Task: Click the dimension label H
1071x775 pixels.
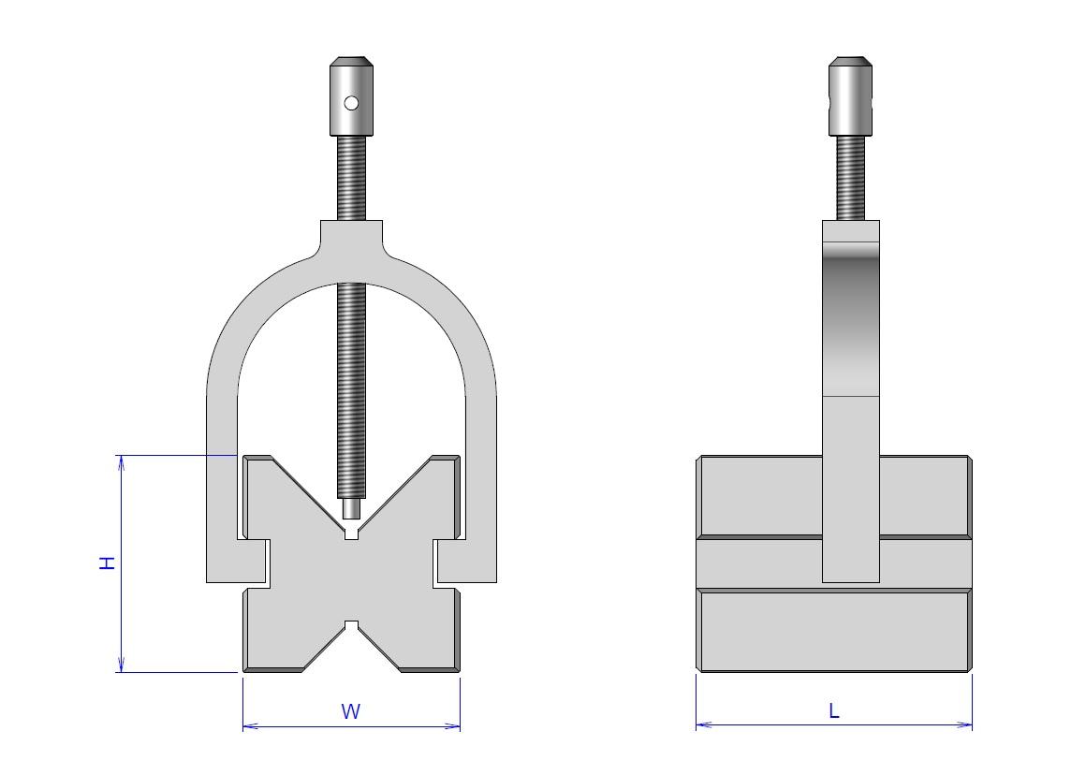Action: click(x=108, y=563)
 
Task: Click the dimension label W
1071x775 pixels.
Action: click(x=350, y=711)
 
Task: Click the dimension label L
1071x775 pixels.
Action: click(x=833, y=711)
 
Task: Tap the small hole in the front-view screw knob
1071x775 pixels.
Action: click(x=351, y=103)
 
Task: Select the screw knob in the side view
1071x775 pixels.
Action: click(x=851, y=97)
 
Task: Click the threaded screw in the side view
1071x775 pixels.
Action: click(x=851, y=178)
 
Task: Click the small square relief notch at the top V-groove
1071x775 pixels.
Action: click(x=351, y=534)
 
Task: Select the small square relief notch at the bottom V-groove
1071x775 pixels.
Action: click(x=351, y=624)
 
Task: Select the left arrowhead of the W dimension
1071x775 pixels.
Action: click(x=248, y=725)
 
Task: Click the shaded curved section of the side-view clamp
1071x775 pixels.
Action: click(x=851, y=318)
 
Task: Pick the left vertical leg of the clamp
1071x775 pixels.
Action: click(x=222, y=468)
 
